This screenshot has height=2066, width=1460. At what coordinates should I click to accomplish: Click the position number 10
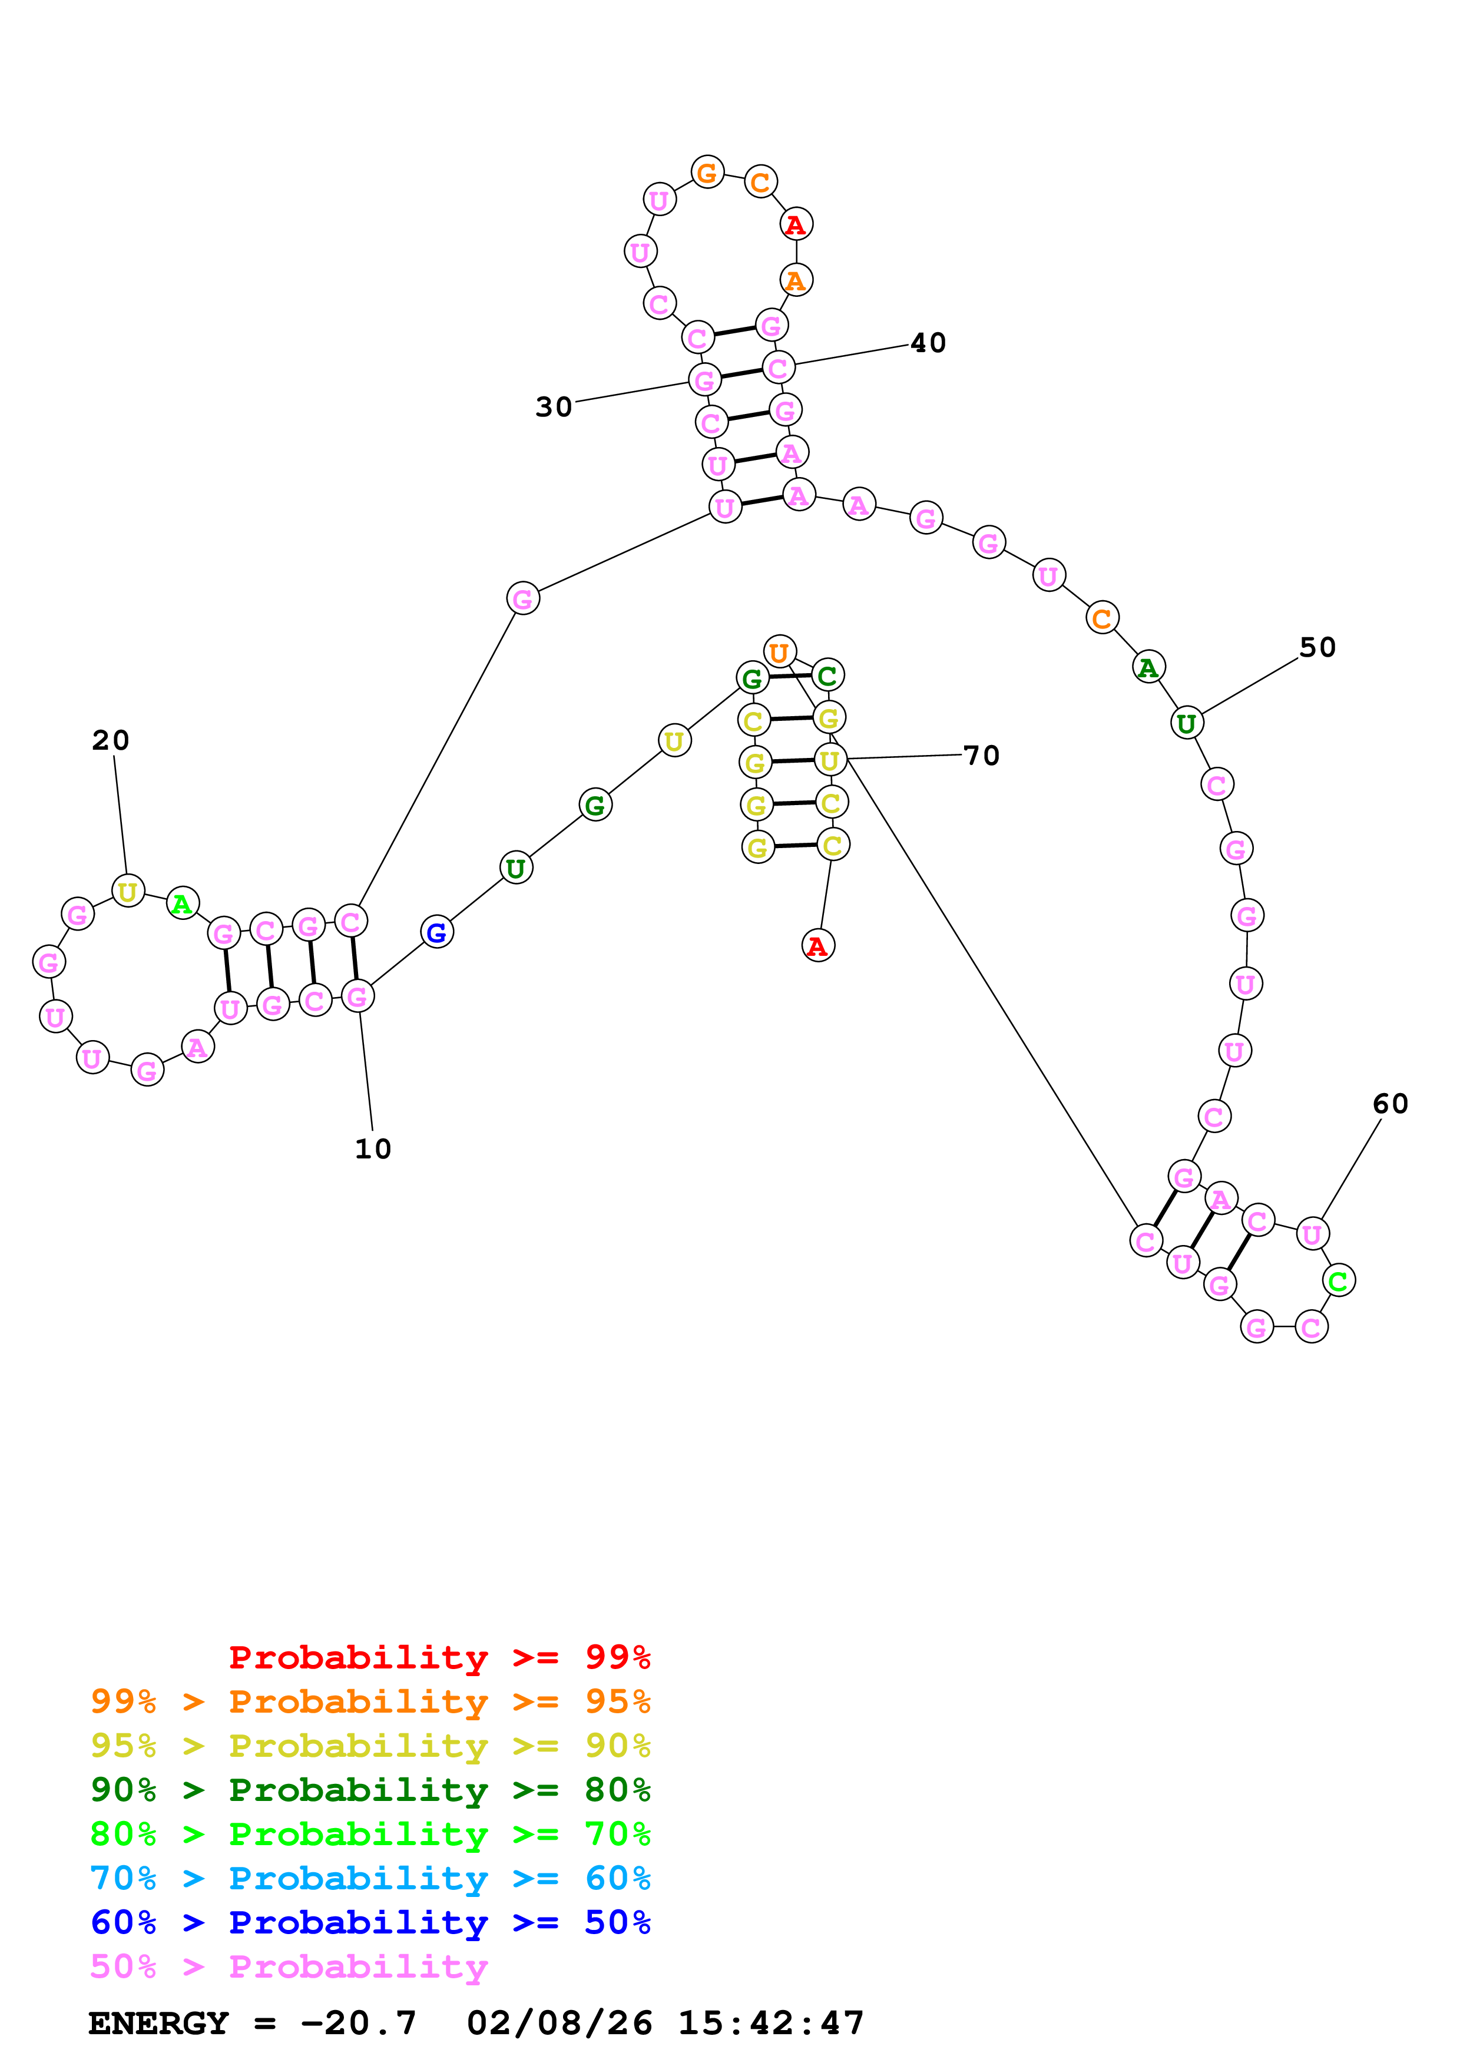point(372,1149)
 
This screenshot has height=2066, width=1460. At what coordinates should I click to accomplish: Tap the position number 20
point(111,740)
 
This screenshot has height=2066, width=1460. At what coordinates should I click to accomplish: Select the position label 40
point(928,343)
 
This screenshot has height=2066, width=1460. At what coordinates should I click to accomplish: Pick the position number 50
point(1317,647)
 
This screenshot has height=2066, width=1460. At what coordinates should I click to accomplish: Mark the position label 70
point(981,755)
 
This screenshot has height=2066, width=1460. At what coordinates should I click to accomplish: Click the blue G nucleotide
point(437,932)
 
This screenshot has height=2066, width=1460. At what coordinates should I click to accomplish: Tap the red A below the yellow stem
point(817,946)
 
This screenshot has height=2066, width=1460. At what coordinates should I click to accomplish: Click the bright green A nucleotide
point(183,903)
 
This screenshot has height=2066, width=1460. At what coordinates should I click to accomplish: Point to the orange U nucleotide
point(779,651)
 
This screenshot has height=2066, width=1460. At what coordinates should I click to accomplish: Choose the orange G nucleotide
point(708,172)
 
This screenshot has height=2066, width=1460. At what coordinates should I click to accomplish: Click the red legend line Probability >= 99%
point(439,1657)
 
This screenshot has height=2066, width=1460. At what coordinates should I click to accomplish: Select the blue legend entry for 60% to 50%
point(370,1923)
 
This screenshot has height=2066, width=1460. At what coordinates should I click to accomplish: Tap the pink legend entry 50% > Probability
point(288,1967)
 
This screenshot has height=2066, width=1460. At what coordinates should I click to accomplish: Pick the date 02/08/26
point(559,2024)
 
